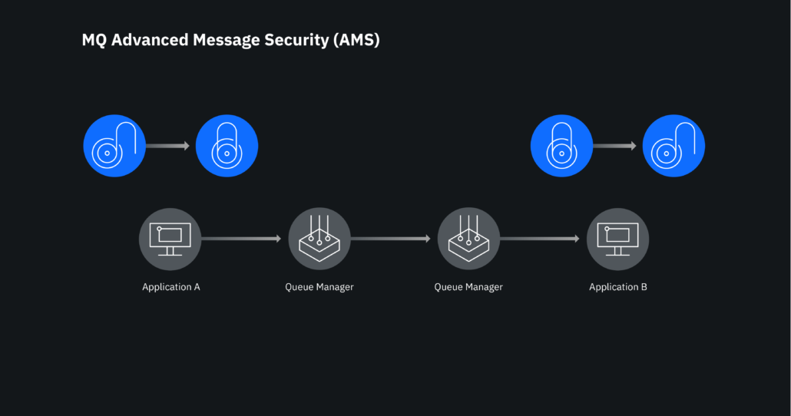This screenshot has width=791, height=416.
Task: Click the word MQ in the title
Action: point(94,40)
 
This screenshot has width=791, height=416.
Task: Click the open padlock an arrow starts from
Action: point(114,146)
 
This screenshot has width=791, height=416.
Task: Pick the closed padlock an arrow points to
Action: point(227,146)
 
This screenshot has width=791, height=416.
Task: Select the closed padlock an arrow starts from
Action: point(562,146)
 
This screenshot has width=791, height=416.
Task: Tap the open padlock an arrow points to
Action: point(674,146)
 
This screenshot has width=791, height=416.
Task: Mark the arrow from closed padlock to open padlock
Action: point(616,146)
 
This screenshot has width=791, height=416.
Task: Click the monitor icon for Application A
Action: point(170,239)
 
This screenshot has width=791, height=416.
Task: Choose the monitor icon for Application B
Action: point(617,239)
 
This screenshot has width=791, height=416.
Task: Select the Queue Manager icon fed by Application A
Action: point(319,239)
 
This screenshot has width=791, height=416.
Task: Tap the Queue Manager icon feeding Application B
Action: point(468,239)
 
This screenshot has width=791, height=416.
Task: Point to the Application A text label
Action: point(171,287)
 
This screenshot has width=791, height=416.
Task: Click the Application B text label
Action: point(618,287)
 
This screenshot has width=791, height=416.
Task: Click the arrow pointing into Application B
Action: point(541,239)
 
